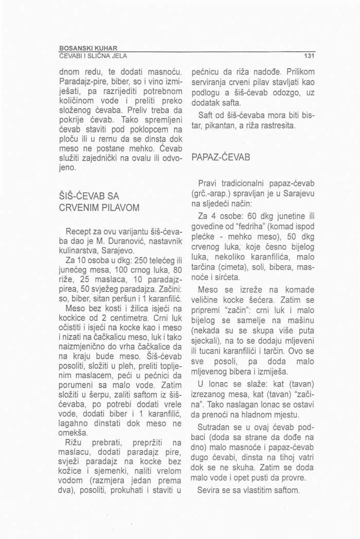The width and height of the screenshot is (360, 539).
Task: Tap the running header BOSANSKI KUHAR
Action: tap(90, 48)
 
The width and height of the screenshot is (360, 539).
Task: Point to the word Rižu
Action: tap(71, 442)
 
